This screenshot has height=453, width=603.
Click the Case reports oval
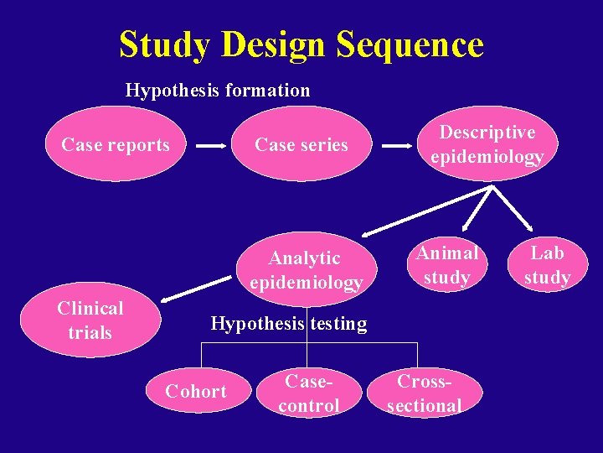tap(116, 145)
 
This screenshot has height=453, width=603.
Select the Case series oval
tap(301, 145)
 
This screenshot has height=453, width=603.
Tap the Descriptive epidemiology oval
tap(487, 144)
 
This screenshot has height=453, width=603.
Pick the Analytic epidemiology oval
tap(305, 269)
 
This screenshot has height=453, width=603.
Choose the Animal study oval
tap(447, 265)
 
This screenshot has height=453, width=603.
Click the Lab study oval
tap(547, 265)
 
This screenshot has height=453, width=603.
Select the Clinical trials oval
tap(90, 320)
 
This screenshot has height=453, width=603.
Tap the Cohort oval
tap(196, 391)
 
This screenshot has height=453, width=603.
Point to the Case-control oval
tap(309, 393)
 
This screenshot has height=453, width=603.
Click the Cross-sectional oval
tap(425, 393)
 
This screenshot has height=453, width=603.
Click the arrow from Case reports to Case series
tap(211, 146)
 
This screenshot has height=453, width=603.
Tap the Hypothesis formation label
tap(218, 90)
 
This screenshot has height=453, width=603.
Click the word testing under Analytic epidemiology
tap(336, 324)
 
